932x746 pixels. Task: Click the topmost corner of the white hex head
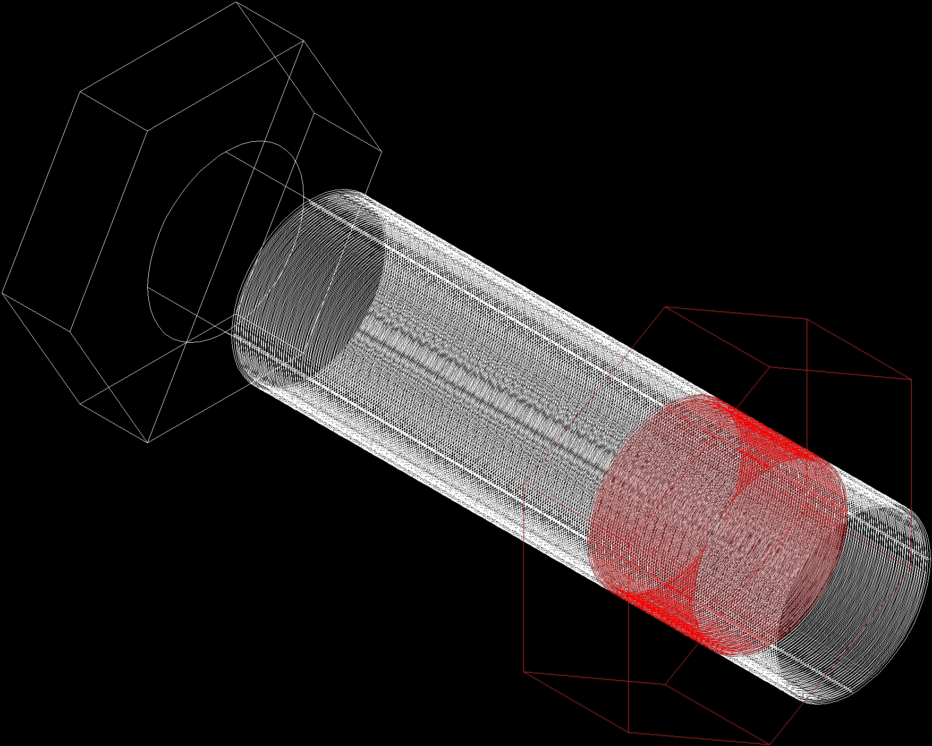click(x=236, y=2)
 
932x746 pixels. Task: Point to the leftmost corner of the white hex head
click(x=2, y=292)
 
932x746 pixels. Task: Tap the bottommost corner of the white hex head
click(x=147, y=442)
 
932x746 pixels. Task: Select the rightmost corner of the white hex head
click(x=382, y=151)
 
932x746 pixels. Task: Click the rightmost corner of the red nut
click(x=912, y=379)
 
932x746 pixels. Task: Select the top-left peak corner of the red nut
click(x=665, y=307)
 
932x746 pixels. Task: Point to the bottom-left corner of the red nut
click(x=524, y=672)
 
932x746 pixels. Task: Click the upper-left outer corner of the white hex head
click(x=80, y=92)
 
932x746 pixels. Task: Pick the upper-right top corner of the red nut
click(x=807, y=319)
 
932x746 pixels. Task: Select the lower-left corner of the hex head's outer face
click(x=80, y=403)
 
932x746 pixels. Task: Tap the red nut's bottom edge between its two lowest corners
click(x=699, y=738)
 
